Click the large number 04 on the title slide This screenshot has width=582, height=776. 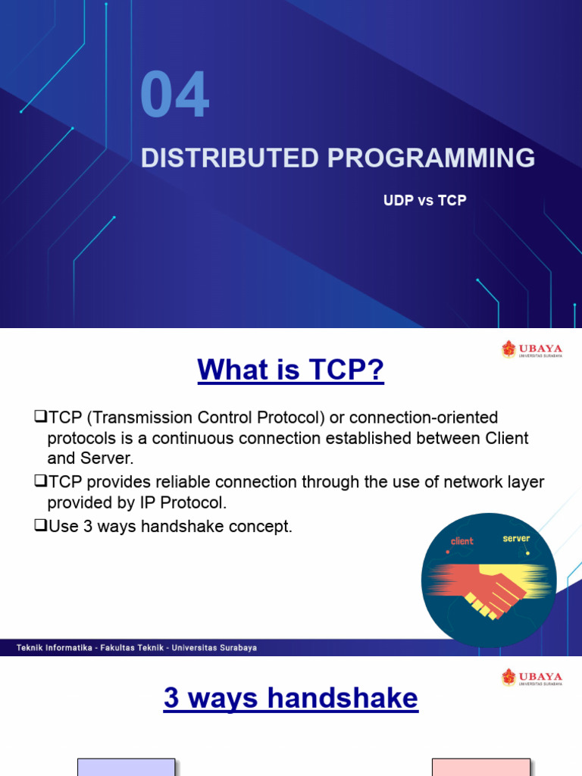175,94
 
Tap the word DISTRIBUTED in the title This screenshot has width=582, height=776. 230,158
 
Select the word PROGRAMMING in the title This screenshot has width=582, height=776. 431,158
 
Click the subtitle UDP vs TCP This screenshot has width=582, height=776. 424,200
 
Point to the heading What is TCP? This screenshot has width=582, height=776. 290,369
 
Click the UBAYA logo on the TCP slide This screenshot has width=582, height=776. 531,349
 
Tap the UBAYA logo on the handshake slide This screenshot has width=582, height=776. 531,677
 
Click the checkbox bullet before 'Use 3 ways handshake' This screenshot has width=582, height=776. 40,525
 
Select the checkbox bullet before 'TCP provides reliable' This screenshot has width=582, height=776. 40,480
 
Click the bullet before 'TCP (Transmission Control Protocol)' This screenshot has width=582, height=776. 40,416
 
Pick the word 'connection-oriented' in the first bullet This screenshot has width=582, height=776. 424,418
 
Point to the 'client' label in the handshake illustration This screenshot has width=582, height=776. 462,541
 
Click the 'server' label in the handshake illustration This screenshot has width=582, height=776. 516,539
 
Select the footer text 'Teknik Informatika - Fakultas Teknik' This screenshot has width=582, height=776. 90,647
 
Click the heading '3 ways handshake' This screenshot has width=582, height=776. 291,698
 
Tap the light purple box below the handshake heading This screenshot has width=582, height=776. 127,767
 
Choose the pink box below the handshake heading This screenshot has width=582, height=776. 481,767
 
